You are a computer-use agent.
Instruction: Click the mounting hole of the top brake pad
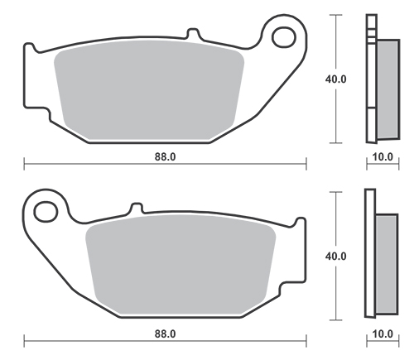[x=284, y=36]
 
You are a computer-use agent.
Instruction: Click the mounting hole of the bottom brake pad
[x=46, y=212]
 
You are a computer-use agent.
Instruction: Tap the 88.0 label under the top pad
[x=165, y=156]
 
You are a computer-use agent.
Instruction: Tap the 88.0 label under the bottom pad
[x=165, y=334]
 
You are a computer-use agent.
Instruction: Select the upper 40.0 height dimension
[x=335, y=79]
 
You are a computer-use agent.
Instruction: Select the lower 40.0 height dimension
[x=335, y=257]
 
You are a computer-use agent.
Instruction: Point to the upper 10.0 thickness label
[x=383, y=156]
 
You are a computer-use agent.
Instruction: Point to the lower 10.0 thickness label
[x=383, y=334]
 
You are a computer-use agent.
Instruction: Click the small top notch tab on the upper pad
[x=193, y=33]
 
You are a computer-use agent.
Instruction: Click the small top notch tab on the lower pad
[x=137, y=208]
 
